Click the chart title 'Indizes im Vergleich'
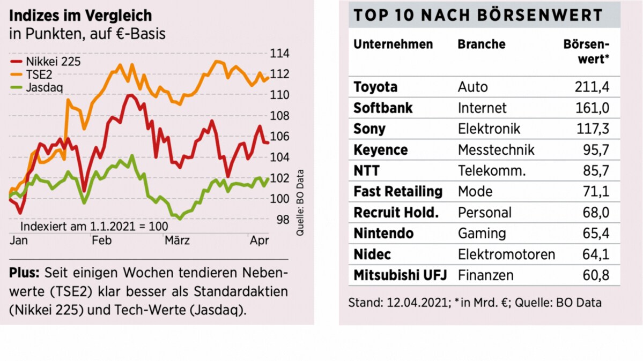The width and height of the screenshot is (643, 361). [80, 14]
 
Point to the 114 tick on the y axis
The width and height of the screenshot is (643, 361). [279, 54]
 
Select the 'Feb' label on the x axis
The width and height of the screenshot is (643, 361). [101, 240]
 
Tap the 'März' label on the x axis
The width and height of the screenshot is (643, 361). [177, 240]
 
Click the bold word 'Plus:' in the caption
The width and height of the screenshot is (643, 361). [24, 273]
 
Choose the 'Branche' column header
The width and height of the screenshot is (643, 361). [482, 44]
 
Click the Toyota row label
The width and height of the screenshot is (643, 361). [375, 87]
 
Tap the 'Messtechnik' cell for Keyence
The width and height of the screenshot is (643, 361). [496, 150]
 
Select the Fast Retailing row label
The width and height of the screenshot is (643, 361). [398, 192]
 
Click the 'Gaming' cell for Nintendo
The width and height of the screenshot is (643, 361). [482, 234]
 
